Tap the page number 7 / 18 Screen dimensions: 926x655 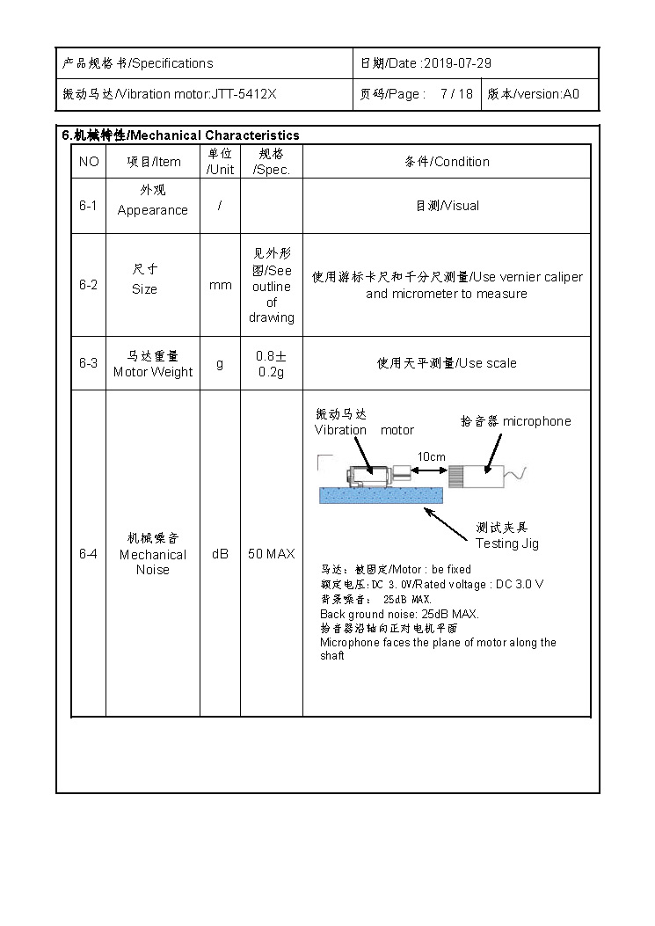tap(456, 94)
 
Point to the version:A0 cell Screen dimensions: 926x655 tap(533, 94)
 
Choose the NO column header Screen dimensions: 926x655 tap(89, 162)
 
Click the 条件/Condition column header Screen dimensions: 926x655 tap(447, 162)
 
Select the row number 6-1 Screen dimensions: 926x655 tap(88, 206)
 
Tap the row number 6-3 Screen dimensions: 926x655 tap(88, 363)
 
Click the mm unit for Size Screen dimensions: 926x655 tap(220, 285)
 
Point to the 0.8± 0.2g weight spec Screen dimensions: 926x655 tap(271, 363)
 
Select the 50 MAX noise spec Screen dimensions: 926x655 tap(271, 554)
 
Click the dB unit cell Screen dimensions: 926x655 tap(220, 554)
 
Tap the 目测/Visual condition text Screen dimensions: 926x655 tap(447, 206)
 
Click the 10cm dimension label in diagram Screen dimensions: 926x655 tap(431, 456)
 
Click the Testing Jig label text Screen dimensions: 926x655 tap(507, 543)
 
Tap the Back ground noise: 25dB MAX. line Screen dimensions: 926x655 tap(399, 614)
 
